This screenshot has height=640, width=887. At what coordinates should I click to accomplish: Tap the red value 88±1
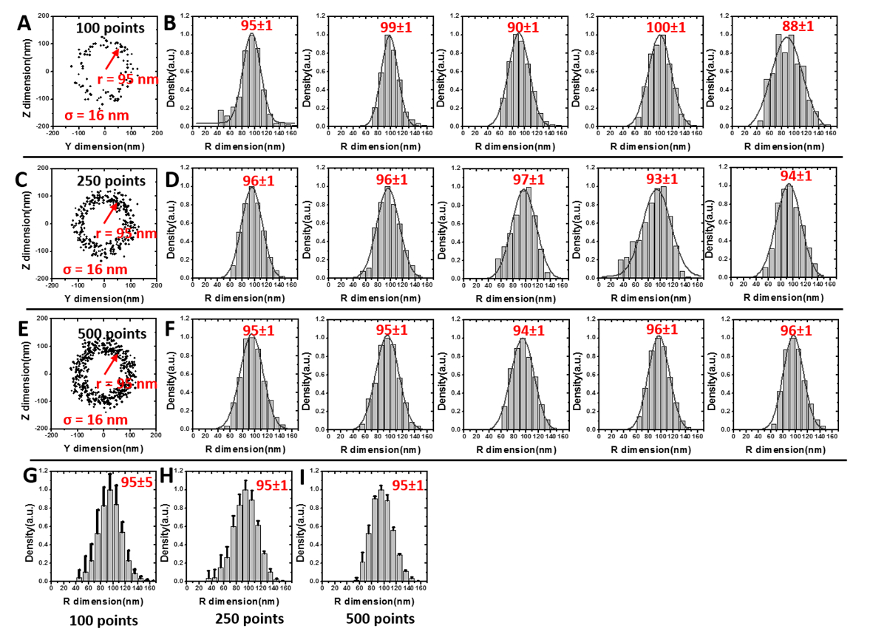pos(792,26)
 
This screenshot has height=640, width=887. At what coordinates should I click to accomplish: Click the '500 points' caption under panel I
pos(381,619)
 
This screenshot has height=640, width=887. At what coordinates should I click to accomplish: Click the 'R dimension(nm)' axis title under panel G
pos(92,602)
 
